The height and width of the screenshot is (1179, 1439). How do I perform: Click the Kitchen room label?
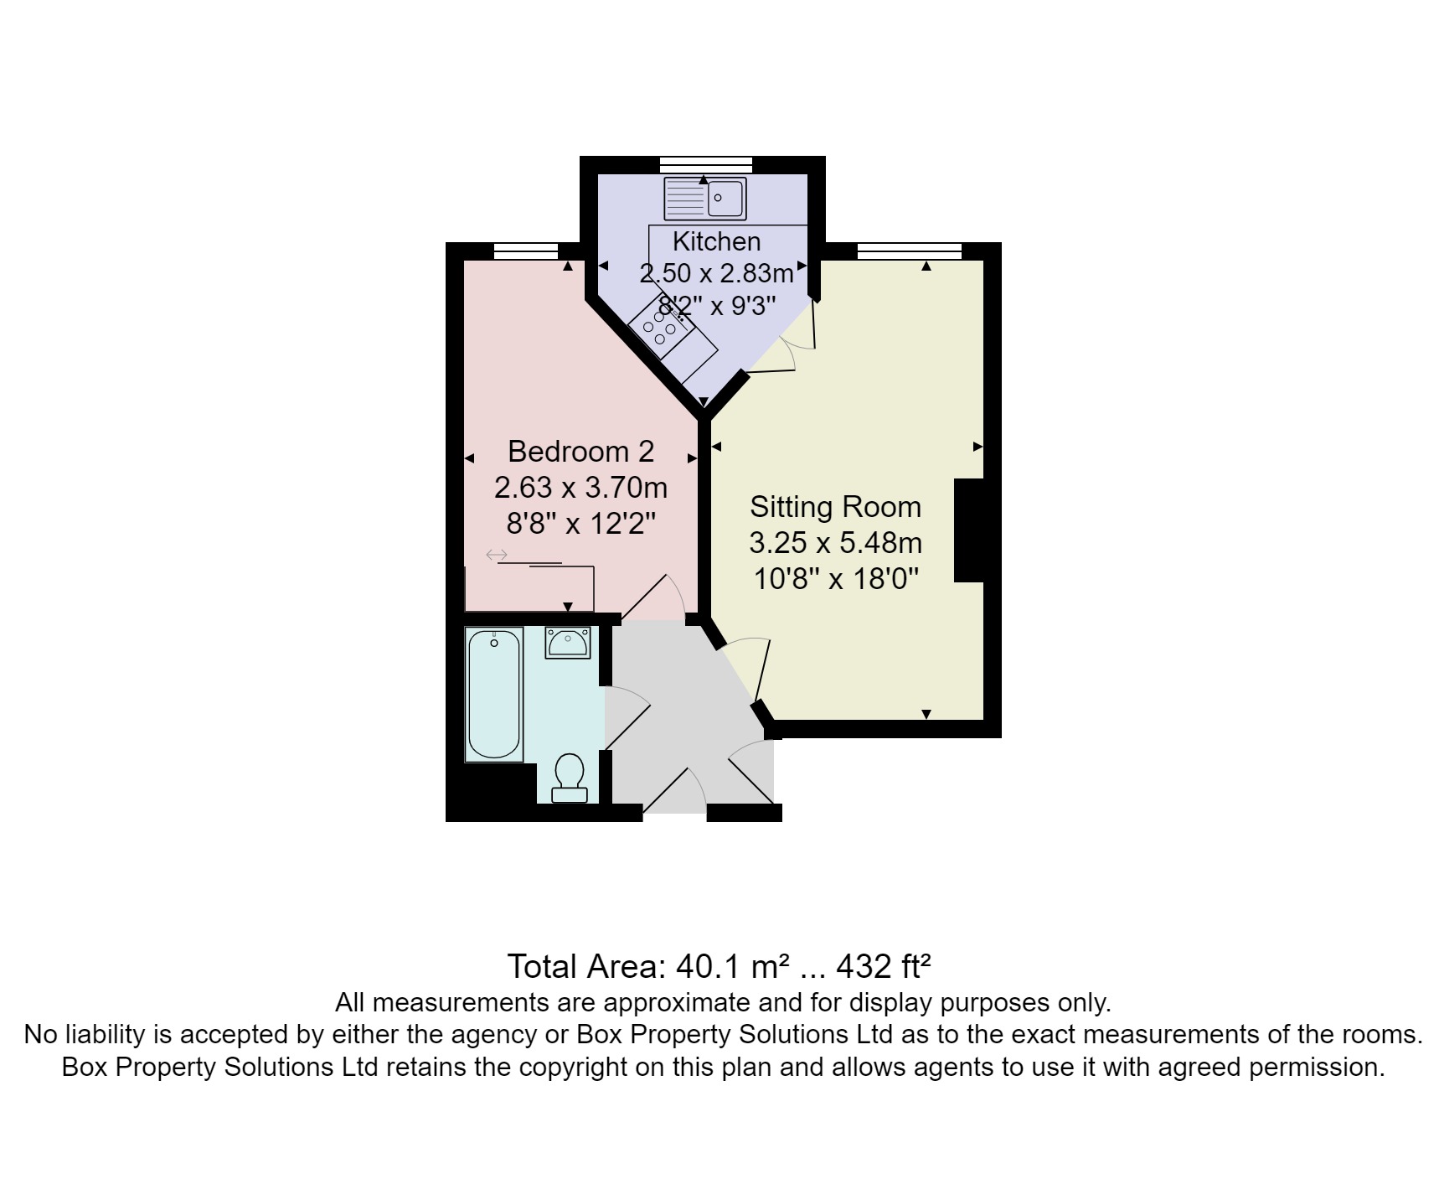[x=716, y=241]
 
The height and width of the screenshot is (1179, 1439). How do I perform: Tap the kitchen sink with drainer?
[x=704, y=199]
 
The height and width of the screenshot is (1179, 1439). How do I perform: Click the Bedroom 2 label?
[x=580, y=452]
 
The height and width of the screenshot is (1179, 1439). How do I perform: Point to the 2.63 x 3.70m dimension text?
[x=580, y=487]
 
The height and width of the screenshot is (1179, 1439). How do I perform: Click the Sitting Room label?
[x=835, y=507]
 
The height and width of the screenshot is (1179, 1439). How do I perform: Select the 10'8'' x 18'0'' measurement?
[x=835, y=578]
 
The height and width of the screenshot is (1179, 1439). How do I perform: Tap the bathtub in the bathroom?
[x=494, y=694]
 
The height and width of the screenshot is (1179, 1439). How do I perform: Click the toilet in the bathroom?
[x=570, y=777]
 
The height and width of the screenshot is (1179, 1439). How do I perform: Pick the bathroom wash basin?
[x=568, y=643]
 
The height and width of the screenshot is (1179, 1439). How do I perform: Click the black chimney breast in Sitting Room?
[x=969, y=530]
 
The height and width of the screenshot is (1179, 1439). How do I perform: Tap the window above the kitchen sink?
[x=704, y=164]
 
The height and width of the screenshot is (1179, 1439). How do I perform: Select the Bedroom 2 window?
[x=526, y=251]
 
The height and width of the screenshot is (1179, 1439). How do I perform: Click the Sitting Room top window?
[x=909, y=251]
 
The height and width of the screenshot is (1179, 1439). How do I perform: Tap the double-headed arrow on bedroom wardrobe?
[x=497, y=555]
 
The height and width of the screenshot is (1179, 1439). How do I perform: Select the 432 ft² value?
[x=885, y=966]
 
